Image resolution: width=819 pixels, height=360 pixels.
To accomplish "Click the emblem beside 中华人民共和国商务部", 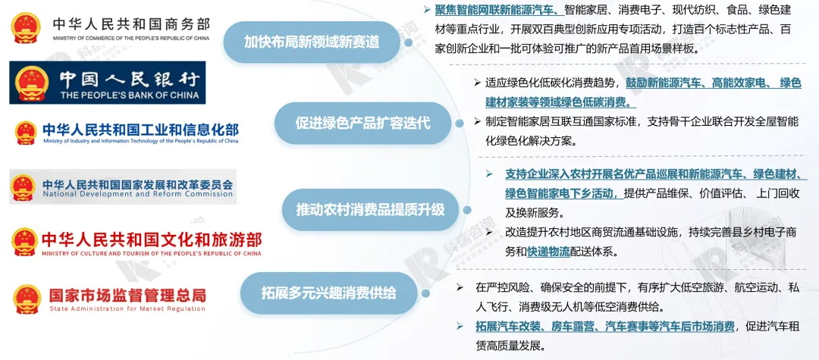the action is tap(26, 28).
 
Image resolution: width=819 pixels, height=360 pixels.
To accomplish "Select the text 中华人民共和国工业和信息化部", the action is tap(140, 130).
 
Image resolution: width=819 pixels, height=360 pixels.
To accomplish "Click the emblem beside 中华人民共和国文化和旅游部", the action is tap(24, 242).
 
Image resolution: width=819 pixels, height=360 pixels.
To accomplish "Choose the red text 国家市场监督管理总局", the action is tap(127, 295).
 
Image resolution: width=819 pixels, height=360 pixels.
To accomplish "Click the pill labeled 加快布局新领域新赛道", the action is tap(312, 42).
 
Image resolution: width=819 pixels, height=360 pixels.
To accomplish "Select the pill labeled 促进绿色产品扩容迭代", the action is tap(362, 124).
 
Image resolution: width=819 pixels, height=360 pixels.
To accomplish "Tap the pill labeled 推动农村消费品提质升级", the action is tap(370, 210).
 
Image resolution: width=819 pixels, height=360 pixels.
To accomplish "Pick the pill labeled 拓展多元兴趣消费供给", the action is tap(328, 293).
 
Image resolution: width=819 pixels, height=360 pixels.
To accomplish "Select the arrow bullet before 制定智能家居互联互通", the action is tap(477, 121).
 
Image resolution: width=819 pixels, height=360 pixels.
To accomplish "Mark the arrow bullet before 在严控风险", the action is tap(460, 287).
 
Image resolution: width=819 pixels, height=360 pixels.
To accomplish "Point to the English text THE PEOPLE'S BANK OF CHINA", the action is tap(130, 95).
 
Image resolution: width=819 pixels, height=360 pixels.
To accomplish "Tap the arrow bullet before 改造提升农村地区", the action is tap(489, 231).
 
